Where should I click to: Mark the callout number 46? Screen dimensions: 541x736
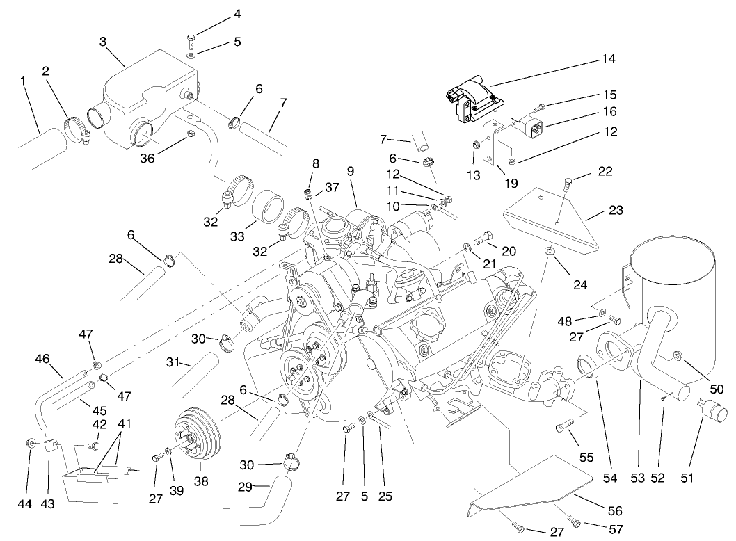tap(42, 360)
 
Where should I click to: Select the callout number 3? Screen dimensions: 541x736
tap(102, 42)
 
